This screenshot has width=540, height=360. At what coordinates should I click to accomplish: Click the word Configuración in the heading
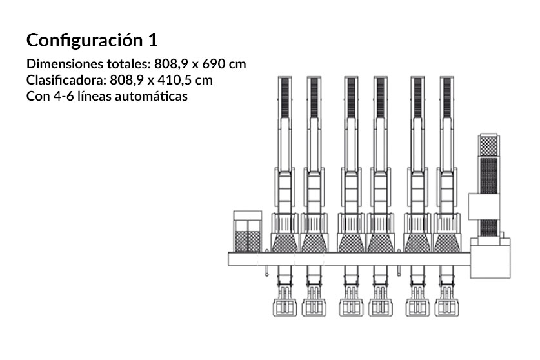click(85, 41)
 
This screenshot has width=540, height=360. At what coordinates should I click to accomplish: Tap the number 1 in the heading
click(154, 40)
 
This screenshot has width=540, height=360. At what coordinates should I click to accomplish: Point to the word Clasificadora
click(64, 80)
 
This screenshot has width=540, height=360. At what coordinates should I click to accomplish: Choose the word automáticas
click(151, 96)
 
